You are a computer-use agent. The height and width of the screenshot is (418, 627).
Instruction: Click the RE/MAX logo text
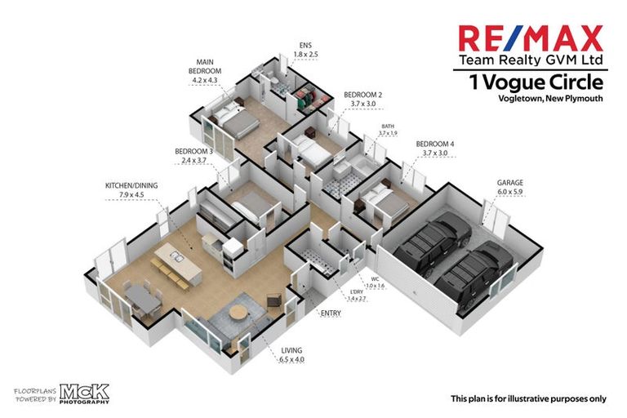click(x=530, y=38)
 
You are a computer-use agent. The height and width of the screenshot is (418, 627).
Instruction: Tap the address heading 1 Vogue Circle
click(x=536, y=82)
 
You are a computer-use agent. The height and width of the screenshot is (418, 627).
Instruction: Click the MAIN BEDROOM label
click(x=206, y=71)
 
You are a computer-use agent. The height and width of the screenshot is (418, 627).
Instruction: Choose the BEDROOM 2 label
click(x=362, y=99)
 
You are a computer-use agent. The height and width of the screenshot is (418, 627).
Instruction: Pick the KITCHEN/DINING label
click(x=131, y=190)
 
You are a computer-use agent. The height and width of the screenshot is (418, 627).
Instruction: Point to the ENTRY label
click(x=331, y=313)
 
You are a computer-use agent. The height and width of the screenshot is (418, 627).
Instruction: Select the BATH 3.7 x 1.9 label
click(x=387, y=130)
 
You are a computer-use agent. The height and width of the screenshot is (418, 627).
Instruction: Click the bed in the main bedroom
click(x=232, y=120)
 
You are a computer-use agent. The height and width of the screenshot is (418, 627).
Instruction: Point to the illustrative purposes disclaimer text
click(x=528, y=398)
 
